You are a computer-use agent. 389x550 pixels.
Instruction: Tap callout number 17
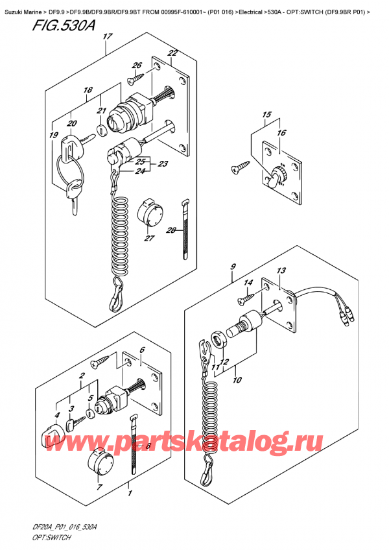click(106, 38)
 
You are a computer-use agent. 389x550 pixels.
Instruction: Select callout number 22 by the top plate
click(172, 53)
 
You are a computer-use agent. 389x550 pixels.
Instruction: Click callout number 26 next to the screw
click(136, 65)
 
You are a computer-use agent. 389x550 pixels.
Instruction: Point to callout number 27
click(150, 238)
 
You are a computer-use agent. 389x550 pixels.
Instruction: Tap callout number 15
click(266, 115)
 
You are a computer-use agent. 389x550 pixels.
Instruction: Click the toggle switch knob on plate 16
click(280, 173)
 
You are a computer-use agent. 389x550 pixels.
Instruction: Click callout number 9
click(232, 267)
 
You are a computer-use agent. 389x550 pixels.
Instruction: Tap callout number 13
click(280, 270)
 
